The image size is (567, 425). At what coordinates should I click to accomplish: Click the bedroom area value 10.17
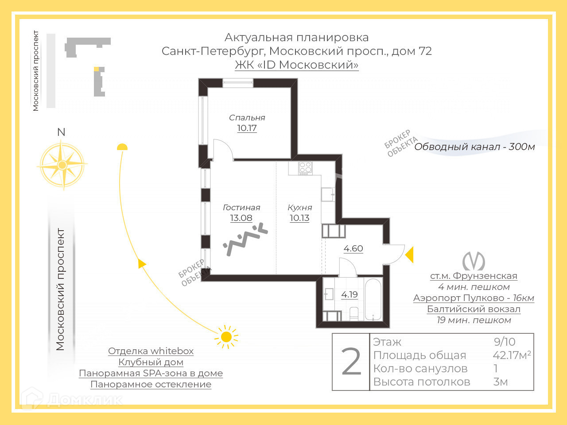[247, 128]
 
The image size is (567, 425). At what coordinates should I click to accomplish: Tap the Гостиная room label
[241, 207]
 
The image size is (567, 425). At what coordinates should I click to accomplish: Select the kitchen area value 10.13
[299, 218]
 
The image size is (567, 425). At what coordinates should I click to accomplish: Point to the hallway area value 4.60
[353, 248]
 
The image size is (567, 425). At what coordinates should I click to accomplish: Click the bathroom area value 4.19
[350, 294]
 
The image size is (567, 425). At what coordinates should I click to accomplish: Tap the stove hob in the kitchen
[305, 168]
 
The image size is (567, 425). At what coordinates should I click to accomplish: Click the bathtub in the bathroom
[373, 300]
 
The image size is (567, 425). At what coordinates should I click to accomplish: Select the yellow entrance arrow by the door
[409, 255]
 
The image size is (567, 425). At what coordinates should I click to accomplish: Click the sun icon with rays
[226, 337]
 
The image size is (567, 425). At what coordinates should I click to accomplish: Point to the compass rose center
[62, 165]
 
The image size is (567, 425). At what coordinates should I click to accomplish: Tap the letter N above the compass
[62, 132]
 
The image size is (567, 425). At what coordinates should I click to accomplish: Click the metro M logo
[474, 261]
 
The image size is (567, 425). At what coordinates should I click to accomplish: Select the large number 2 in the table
[352, 362]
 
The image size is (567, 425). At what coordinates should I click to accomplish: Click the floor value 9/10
[505, 342]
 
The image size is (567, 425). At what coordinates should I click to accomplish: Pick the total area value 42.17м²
[512, 355]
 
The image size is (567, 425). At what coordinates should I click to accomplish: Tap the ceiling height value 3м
[501, 382]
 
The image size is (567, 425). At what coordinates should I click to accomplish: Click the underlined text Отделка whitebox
[151, 351]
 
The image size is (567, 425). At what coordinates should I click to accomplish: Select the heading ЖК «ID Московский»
[296, 65]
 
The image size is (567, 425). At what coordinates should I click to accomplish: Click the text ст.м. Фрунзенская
[474, 276]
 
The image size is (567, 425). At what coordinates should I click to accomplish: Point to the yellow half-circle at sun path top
[122, 147]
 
